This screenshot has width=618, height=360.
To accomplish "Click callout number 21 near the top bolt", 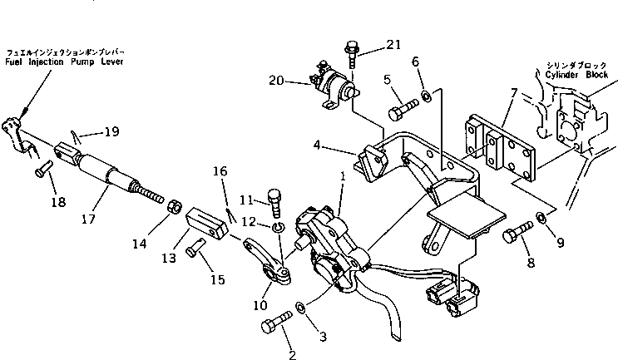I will coord(393,44).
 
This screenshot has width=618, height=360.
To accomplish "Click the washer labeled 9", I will coord(540,219).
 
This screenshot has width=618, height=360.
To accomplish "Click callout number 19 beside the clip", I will coord(111,131).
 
